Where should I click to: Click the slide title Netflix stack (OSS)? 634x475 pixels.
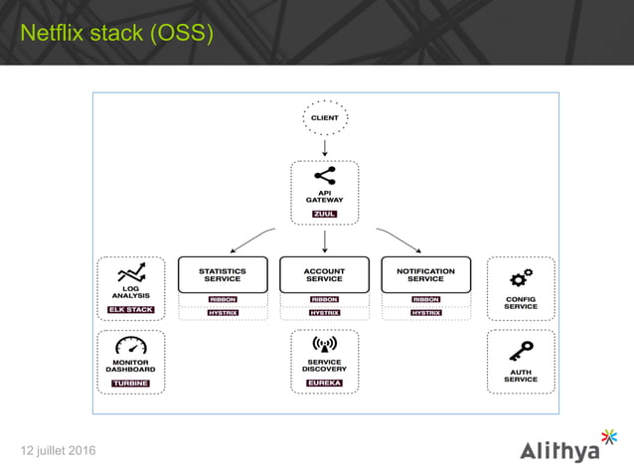(x=117, y=34)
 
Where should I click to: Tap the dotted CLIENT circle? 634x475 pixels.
(x=324, y=118)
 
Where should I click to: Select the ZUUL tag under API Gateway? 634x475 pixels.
(x=324, y=214)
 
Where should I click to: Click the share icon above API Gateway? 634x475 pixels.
(x=324, y=176)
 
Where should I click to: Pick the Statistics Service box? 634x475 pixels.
(x=223, y=274)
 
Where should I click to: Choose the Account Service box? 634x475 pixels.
(x=324, y=274)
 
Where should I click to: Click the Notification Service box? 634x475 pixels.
(x=425, y=274)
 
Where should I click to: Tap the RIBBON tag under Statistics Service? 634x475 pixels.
(x=223, y=299)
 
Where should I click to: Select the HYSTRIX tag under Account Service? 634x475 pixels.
(x=324, y=313)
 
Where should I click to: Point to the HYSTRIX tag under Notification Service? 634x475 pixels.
(x=425, y=313)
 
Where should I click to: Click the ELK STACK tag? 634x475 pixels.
(x=131, y=310)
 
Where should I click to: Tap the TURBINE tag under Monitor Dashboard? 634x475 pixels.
(x=131, y=383)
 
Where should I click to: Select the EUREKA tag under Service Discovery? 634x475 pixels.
(x=324, y=383)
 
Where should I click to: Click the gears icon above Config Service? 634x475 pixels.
(x=521, y=277)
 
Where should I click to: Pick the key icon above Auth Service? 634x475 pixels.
(x=521, y=350)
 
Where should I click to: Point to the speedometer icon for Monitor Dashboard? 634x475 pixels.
(x=131, y=347)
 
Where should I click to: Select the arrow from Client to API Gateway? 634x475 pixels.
(x=324, y=148)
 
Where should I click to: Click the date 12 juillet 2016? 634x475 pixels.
(x=59, y=452)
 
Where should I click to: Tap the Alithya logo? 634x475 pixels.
(x=567, y=447)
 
